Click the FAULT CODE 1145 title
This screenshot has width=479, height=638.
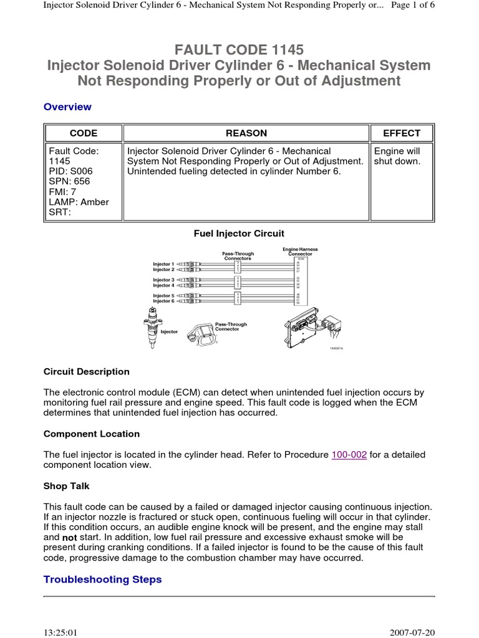point(239,49)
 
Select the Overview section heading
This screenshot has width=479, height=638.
point(67,107)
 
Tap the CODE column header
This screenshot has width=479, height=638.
point(83,133)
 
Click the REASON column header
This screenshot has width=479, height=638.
point(246,133)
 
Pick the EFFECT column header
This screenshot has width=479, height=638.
point(402,133)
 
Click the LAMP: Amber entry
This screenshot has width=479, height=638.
point(79,202)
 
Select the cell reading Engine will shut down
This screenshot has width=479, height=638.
point(397,156)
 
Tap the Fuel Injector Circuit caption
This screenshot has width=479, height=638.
point(239,234)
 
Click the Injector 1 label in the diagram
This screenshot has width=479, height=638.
point(164,264)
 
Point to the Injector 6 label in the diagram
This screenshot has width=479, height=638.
point(164,301)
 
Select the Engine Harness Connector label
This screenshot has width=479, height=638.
point(300,252)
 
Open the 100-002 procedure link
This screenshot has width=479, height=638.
point(350,455)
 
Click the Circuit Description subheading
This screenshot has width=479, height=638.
point(87,371)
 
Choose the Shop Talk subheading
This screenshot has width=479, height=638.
point(67,485)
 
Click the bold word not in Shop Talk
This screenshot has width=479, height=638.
point(69,537)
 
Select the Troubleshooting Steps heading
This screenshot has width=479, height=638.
point(102,579)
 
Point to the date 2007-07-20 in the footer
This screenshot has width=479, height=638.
point(412,632)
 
